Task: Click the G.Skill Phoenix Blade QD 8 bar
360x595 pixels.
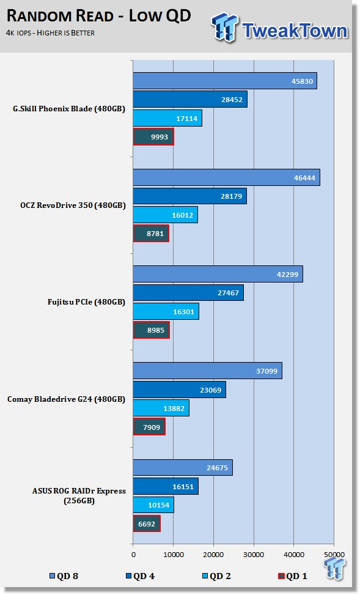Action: pos(225,81)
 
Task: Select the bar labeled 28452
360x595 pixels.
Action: pos(190,99)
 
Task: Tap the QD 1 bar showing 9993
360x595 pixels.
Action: pos(153,136)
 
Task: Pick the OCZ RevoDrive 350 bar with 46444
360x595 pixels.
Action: pos(227,177)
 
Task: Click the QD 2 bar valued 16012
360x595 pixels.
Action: pos(166,215)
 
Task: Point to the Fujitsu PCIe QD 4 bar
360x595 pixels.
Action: pos(188,292)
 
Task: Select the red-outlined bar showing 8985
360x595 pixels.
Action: pos(152,330)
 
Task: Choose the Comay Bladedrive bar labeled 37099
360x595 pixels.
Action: pos(207,371)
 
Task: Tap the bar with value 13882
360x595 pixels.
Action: pos(161,408)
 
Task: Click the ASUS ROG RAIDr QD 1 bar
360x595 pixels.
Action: pos(147,523)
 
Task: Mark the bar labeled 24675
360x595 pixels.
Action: pos(183,467)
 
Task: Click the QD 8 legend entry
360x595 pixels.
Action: pos(64,576)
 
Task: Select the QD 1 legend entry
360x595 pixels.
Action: pos(293,576)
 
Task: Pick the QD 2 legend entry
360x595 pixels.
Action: pos(216,576)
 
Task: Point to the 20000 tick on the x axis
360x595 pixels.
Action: pos(213,555)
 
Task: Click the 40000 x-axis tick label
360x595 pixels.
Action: pos(294,555)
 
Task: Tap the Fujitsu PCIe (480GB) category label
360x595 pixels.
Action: pos(86,302)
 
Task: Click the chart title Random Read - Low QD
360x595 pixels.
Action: pos(98,16)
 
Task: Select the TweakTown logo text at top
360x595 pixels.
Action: pos(295,31)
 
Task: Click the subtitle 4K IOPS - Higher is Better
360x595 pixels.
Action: pos(51,33)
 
